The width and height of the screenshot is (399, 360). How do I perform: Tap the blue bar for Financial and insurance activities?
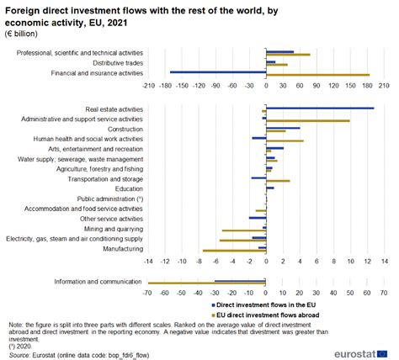218,71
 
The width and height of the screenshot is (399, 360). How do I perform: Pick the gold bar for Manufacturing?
234,251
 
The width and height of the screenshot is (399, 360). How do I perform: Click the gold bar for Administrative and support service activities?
307,121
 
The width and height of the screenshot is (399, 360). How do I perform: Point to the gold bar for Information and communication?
206,283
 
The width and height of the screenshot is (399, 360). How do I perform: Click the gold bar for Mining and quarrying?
244,230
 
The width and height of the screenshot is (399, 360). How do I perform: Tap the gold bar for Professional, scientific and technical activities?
288,55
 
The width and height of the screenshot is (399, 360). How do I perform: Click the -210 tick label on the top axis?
150,86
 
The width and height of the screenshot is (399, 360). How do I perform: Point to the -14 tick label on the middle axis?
148,262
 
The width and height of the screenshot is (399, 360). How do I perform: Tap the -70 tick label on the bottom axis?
148,293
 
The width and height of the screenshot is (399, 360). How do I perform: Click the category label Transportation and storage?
108,178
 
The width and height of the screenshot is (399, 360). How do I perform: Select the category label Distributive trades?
118,63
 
